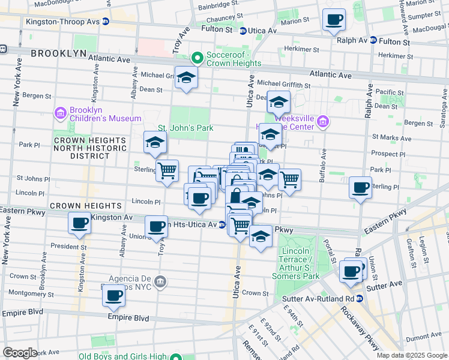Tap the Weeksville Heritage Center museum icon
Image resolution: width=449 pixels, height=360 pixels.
click(x=322, y=122)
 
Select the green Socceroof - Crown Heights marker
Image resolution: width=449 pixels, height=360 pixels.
click(x=196, y=58)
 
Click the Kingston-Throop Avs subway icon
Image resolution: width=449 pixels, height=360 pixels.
click(x=106, y=22)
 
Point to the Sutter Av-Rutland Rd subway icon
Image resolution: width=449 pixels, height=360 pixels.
click(x=359, y=298)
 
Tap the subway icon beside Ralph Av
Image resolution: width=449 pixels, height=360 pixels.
click(x=373, y=41)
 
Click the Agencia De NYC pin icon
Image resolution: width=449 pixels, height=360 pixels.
click(x=160, y=281)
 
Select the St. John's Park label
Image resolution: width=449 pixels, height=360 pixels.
click(x=185, y=128)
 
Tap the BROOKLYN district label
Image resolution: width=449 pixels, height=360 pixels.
click(x=58, y=53)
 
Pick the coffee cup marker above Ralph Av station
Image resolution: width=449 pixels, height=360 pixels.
click(x=334, y=19)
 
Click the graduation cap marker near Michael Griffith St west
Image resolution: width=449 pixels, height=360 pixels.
click(x=186, y=78)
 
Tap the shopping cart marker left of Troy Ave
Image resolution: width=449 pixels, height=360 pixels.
click(x=167, y=170)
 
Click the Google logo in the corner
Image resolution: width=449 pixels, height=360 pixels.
click(x=20, y=353)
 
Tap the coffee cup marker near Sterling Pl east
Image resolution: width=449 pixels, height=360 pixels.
click(x=360, y=188)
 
